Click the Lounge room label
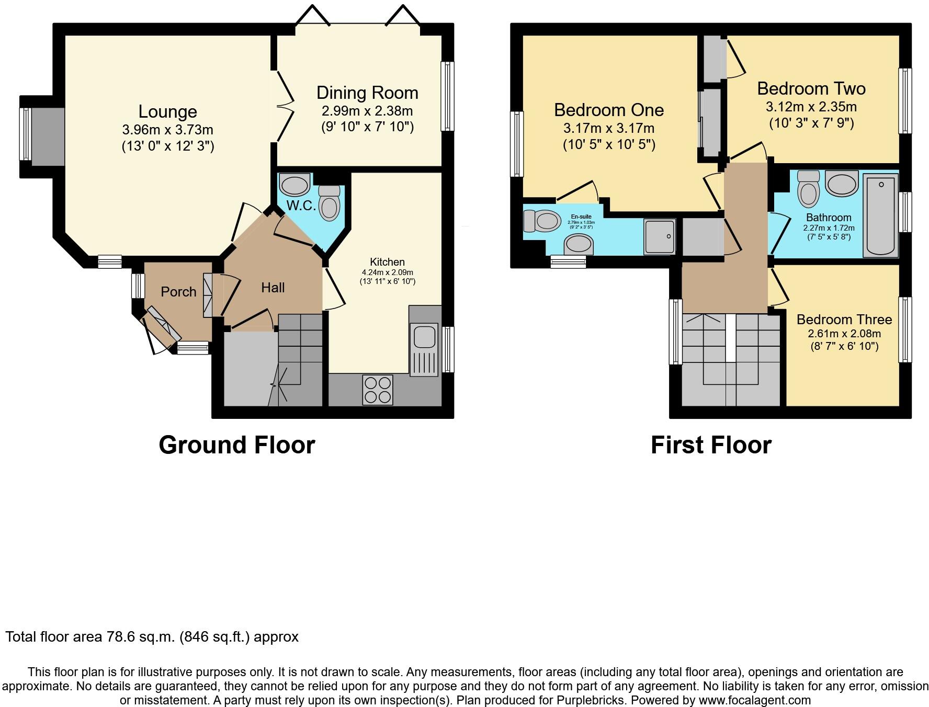(x=167, y=111)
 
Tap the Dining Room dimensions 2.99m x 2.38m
(x=367, y=111)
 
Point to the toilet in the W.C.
(x=329, y=204)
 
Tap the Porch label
(x=178, y=292)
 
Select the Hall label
(x=273, y=288)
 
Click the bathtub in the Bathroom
(x=881, y=215)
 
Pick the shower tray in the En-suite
(x=660, y=236)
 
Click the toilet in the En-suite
(x=542, y=220)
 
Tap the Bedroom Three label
(x=844, y=320)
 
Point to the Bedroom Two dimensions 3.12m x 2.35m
(x=811, y=107)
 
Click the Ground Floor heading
(x=236, y=445)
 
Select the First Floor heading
(x=711, y=445)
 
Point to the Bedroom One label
(x=609, y=110)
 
